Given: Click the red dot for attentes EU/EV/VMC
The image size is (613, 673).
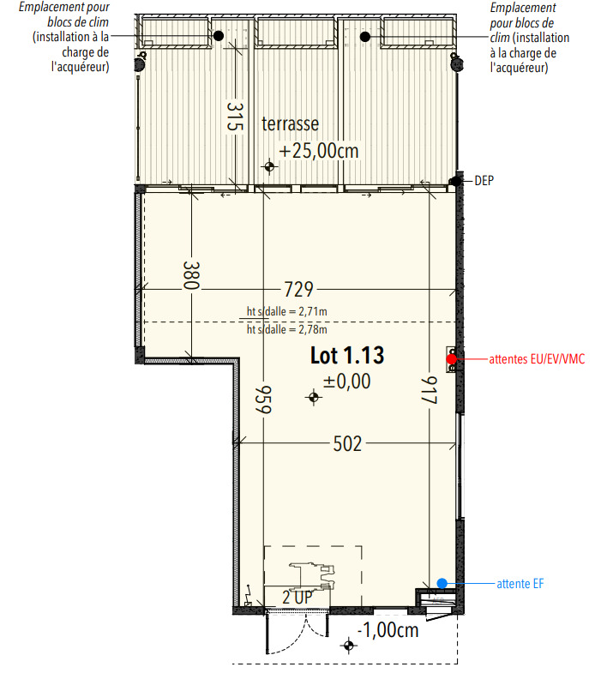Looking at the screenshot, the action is tap(452, 359).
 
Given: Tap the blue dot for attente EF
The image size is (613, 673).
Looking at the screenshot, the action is tap(442, 583).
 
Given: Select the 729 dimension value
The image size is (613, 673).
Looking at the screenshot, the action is tap(298, 290).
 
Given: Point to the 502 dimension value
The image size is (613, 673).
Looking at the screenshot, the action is tap(348, 444).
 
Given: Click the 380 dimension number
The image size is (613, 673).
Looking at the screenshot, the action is tap(191, 275).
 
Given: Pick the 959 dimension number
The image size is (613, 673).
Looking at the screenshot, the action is tap(263, 400).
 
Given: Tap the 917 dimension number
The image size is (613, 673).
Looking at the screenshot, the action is tap(430, 390).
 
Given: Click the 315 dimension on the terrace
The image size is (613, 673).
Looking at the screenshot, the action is tap(235, 117).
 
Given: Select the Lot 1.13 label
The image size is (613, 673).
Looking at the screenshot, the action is tap(347, 356).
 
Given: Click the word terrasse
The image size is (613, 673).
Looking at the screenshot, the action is tap(290, 124).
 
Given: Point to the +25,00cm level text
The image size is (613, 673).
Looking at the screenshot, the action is tap(319, 151).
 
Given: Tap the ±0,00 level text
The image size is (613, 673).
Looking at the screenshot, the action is tap(347, 382).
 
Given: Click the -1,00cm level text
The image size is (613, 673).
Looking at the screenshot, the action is tap(388, 630).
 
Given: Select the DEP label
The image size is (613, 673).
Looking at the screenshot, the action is tap(484, 181).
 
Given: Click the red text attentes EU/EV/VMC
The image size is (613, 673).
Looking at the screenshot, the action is tap(537, 359).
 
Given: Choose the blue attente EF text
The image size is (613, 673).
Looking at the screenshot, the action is tap(520, 584).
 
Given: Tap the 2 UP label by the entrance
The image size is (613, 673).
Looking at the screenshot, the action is tap(297, 598).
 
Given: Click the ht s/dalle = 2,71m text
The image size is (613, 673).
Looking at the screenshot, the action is tap(286, 311).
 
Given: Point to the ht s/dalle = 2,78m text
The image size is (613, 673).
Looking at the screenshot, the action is tap(286, 329).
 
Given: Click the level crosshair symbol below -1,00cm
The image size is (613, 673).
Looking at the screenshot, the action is tap(349, 646).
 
